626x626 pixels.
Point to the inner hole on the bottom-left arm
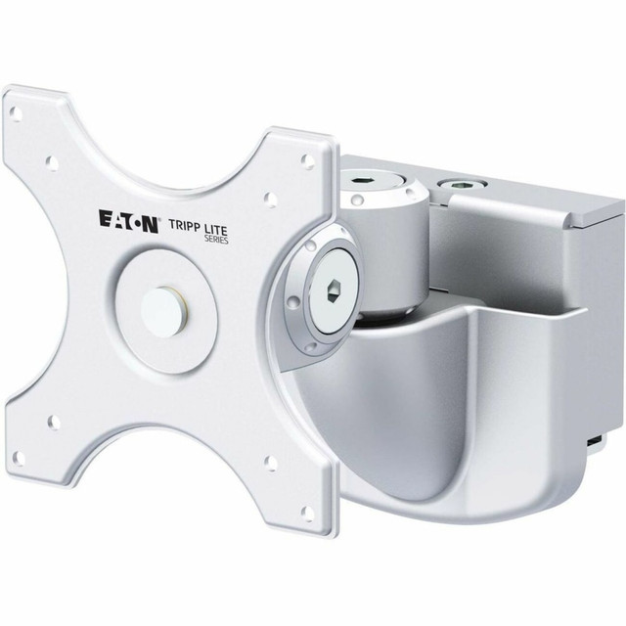click(x=53, y=422)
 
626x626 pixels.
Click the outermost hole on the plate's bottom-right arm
click(x=306, y=511)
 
